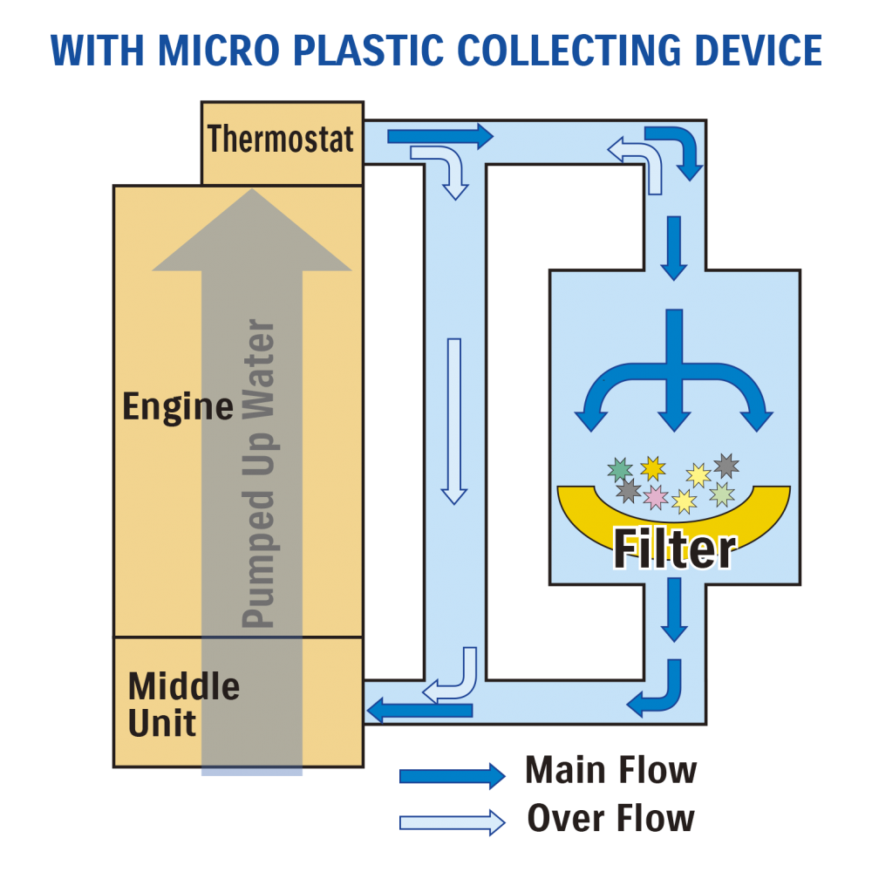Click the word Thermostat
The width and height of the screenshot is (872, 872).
point(281,140)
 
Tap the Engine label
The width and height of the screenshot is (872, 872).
point(177,407)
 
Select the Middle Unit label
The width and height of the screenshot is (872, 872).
point(183,705)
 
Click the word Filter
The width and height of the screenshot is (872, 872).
point(674,548)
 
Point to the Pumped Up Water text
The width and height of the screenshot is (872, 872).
point(258,475)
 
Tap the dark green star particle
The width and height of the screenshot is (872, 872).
point(620,470)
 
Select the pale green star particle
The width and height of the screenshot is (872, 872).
point(722,494)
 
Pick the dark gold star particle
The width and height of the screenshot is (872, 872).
point(652,468)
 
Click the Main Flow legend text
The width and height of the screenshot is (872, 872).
point(610,771)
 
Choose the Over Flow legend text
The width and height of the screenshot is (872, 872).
point(610,819)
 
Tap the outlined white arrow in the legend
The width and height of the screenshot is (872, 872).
point(452,821)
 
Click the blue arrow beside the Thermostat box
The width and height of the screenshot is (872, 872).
point(439,136)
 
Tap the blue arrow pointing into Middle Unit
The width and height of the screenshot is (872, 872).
point(419,711)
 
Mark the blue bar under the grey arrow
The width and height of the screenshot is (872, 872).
point(252,773)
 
